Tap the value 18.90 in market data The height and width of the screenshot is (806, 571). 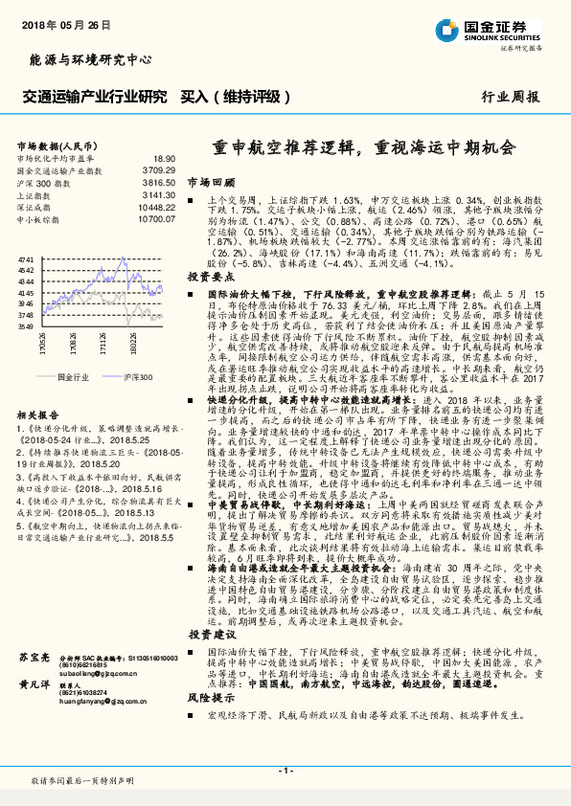(x=164, y=158)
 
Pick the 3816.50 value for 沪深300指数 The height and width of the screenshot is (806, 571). (x=158, y=181)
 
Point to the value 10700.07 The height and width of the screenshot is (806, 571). (x=156, y=218)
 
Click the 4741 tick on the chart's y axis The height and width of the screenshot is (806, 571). (x=26, y=259)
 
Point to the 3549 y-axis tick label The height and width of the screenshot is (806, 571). (x=26, y=325)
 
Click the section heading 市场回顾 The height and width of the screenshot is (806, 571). (x=211, y=180)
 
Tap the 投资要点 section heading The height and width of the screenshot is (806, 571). (x=211, y=276)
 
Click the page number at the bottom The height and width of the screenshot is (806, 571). (x=285, y=772)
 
